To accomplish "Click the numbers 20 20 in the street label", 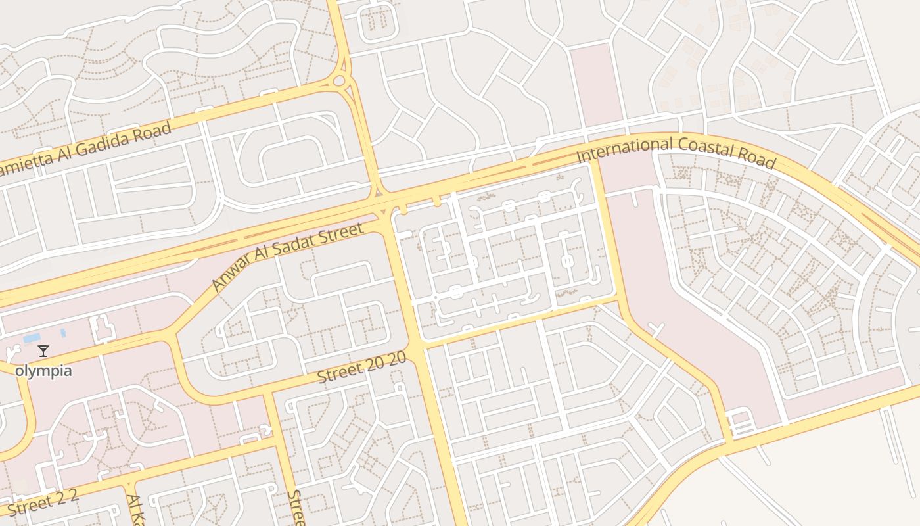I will click(x=386, y=362).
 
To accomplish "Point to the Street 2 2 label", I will click(x=43, y=502).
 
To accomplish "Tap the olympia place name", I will click(x=43, y=371).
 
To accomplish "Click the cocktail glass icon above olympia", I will click(x=43, y=350).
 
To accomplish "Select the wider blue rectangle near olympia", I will click(x=32, y=338).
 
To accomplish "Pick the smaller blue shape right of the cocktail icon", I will click(x=62, y=333).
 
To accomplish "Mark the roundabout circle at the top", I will click(x=339, y=82).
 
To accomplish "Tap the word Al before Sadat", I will click(x=262, y=263).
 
